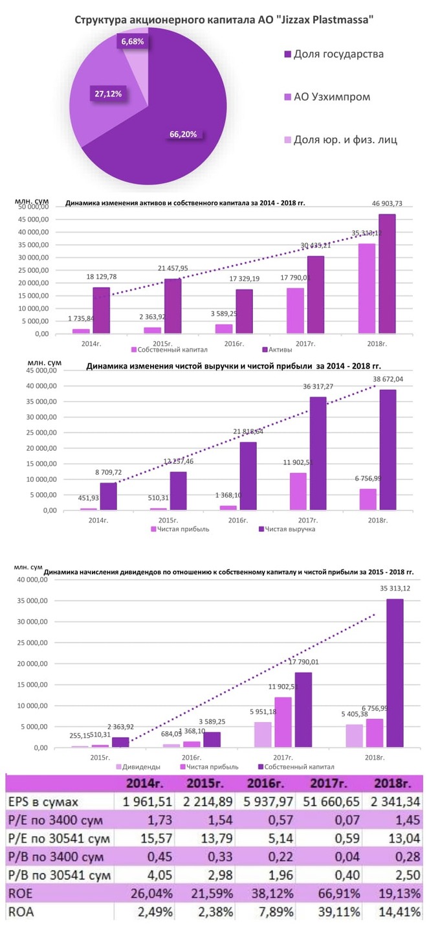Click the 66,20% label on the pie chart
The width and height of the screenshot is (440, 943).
coord(183,135)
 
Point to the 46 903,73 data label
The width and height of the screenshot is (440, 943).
coord(387,204)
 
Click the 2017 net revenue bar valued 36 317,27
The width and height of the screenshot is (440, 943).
coord(317,453)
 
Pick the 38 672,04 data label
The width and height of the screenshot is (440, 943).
coord(387,379)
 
